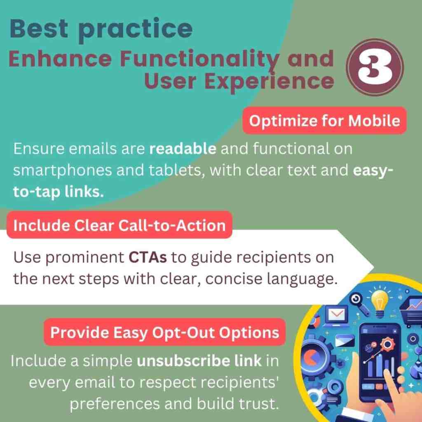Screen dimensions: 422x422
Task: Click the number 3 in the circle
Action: click(375, 67)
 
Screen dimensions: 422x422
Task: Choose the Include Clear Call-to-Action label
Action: click(120, 225)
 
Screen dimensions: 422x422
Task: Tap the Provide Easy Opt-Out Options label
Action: click(164, 332)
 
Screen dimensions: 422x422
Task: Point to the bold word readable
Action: click(183, 148)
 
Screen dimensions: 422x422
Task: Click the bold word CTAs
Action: click(148, 257)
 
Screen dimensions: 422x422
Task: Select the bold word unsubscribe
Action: click(182, 361)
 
